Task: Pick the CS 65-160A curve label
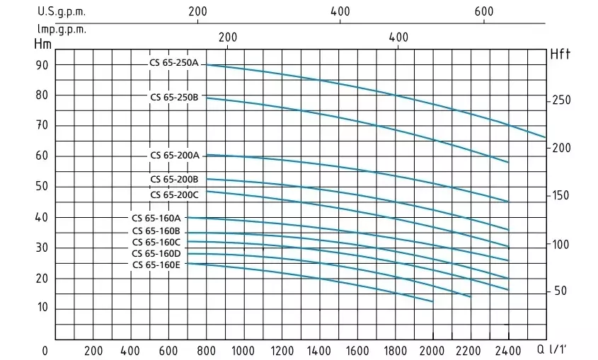[156, 219]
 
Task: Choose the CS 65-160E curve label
[156, 265]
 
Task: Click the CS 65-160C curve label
[156, 243]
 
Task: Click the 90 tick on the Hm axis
[42, 65]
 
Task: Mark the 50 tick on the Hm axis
[42, 187]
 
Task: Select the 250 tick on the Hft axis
[561, 100]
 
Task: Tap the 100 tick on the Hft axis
[561, 245]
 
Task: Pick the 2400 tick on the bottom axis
[507, 350]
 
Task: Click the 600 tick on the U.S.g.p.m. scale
[483, 12]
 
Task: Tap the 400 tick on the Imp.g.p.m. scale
[398, 37]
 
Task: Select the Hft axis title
[560, 54]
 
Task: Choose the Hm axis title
[42, 43]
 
